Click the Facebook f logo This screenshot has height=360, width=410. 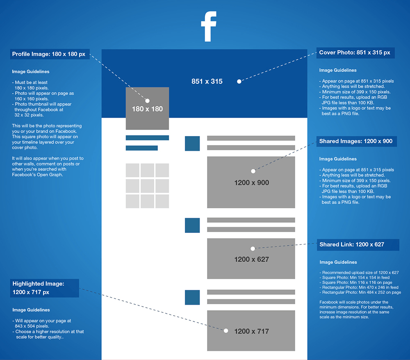pos(209,26)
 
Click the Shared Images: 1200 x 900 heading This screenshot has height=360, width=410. pos(355,141)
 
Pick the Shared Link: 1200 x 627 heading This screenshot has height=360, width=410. pos(352,244)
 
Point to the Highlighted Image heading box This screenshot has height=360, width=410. pos(44,288)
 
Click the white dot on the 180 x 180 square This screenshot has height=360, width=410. pos(148,100)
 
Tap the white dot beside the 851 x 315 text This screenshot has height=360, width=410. pos(239,82)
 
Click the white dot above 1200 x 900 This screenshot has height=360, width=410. pos(253,171)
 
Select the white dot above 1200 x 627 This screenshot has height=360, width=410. pos(253,248)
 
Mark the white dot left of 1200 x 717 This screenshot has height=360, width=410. pos(226,331)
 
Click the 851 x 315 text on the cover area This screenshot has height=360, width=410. pos(207,81)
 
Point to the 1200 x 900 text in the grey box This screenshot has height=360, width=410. pos(252,182)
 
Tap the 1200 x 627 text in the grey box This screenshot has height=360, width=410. pos(252,260)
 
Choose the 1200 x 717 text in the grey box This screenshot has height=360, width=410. pos(252,331)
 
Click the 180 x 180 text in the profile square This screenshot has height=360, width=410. pos(147,109)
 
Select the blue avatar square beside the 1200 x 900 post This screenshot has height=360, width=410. pos(192,143)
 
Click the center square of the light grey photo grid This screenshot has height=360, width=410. pos(147,186)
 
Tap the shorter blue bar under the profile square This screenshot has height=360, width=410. pos(142,148)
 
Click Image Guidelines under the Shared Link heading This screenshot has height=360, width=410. pos(338,262)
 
